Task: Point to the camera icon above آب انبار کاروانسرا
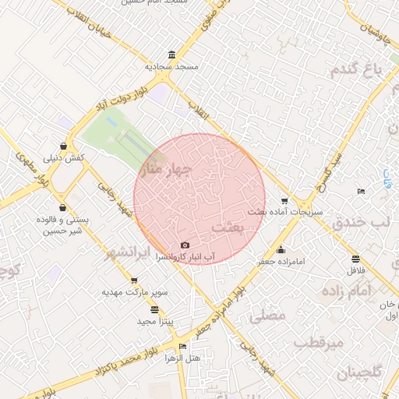click(x=185, y=245)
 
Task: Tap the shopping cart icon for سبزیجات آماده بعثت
click(x=284, y=201)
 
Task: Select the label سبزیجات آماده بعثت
click(x=285, y=212)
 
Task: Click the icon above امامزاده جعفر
click(x=281, y=250)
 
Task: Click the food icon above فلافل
click(x=356, y=260)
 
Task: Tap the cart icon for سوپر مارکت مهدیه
click(x=134, y=281)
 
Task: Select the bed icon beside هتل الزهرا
click(x=182, y=347)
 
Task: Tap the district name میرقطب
click(x=320, y=343)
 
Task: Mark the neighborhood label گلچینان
click(x=360, y=373)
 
